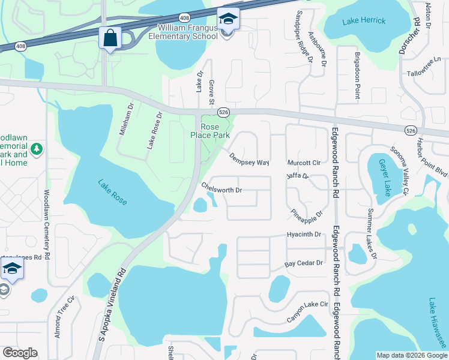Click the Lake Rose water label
point(113,192)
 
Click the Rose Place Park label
point(210,131)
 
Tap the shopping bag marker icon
point(110,39)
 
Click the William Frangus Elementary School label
point(188,32)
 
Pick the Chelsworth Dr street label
point(221,188)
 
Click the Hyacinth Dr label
point(304,234)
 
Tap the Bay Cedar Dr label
point(304,263)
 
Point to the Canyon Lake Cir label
point(307,311)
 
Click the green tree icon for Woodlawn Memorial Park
point(37,148)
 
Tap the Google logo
point(20,353)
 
